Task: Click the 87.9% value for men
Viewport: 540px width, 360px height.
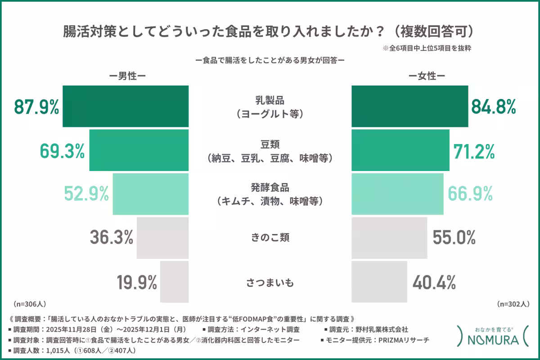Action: pyautogui.click(x=36, y=108)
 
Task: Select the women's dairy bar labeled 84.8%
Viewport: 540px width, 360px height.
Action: pyautogui.click(x=409, y=106)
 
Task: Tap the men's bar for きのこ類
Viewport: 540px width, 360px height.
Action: pyautogui.click(x=162, y=238)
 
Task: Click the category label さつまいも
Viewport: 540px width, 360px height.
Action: pyautogui.click(x=270, y=283)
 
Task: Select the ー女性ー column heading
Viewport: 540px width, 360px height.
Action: pyautogui.click(x=427, y=76)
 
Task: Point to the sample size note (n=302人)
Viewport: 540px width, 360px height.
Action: pyautogui.click(x=513, y=304)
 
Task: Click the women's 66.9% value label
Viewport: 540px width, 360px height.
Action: pyautogui.click(x=470, y=194)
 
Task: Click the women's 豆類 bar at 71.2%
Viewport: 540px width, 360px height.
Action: pyautogui.click(x=400, y=150)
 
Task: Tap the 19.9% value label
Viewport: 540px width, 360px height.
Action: pyautogui.click(x=137, y=283)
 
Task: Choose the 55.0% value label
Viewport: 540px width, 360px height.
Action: pyautogui.click(x=454, y=238)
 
